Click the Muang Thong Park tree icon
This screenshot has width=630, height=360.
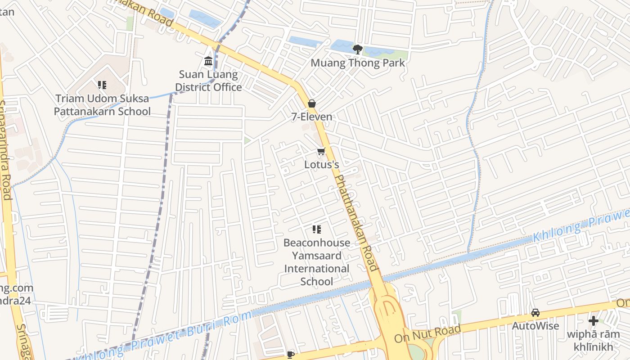click(x=358, y=49)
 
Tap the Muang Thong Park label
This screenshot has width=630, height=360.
click(x=358, y=63)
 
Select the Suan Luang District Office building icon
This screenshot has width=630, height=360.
click(x=208, y=61)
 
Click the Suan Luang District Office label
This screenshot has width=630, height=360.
click(x=208, y=81)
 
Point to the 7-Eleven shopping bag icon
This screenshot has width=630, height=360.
click(x=311, y=104)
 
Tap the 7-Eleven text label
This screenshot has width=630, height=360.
click(x=311, y=117)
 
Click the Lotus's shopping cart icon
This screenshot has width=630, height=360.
click(x=321, y=152)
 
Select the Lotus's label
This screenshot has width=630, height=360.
click(x=321, y=165)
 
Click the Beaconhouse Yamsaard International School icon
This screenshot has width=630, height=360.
click(x=317, y=230)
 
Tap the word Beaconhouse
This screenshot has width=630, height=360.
click(x=317, y=243)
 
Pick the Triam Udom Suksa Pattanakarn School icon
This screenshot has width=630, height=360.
click(x=102, y=85)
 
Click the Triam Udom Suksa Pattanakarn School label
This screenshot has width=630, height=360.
click(x=102, y=105)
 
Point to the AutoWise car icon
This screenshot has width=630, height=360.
click(x=535, y=313)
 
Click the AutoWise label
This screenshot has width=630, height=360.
click(x=535, y=326)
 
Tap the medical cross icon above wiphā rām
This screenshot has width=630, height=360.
click(x=594, y=321)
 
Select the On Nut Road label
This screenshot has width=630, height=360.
click(x=427, y=333)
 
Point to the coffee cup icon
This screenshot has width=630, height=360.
click(x=291, y=355)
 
